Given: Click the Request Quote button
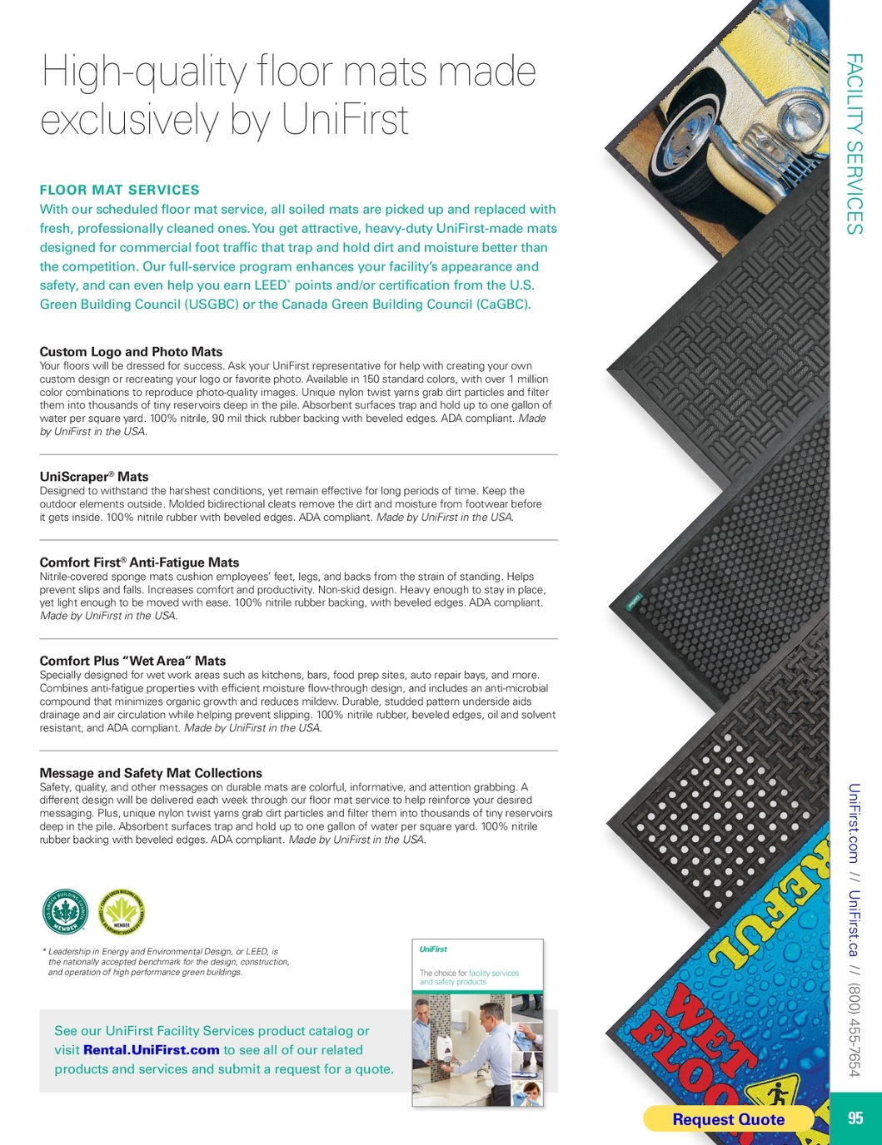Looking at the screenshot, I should pos(728,1119).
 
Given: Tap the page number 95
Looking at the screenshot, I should pos(855,1118).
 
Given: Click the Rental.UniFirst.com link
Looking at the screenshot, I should pos(152,1050).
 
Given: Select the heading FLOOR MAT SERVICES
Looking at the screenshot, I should pos(120,190).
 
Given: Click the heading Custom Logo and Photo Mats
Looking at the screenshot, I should pos(131,352).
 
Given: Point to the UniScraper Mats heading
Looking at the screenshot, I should pos(94,477).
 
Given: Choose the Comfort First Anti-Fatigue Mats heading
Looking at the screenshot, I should pos(139,563).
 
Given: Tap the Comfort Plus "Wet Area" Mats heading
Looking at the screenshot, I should pos(132,661).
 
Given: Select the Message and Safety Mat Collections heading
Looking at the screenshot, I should pos(151,773).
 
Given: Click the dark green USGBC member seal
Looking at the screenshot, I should pos(65,911).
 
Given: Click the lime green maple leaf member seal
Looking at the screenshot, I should pos(121,911).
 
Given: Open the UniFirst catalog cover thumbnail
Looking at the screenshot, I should pos(477,1023).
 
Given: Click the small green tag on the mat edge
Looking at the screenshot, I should pos(634,600).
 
